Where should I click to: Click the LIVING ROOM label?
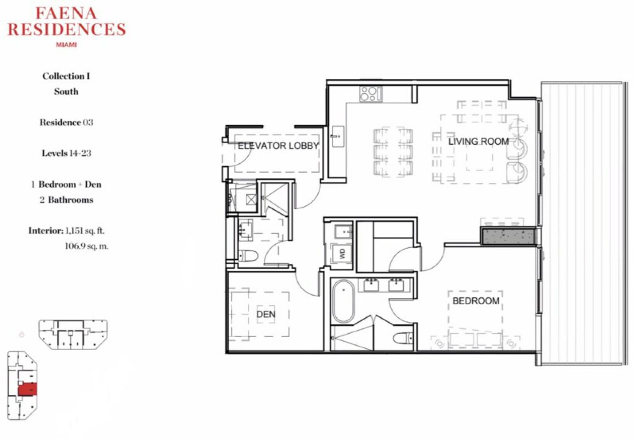pos(479,142)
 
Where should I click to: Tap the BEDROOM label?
pos(476,301)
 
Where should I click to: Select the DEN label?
pos(266,314)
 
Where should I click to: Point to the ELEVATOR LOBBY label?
pos(278,146)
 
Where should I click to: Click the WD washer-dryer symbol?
pos(342,254)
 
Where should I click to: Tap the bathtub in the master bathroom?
pos(344,301)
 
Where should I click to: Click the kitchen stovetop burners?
pos(371,94)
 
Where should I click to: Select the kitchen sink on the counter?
pos(337,137)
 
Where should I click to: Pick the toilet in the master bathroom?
pos(404,338)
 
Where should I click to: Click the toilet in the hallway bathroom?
pos(248,256)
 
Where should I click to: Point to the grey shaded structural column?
pos(508,237)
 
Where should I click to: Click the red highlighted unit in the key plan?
pos(27,390)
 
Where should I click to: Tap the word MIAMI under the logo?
pos(66,45)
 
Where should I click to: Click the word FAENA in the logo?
pos(66,14)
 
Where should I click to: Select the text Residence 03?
pos(66,122)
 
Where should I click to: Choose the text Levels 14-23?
pos(66,153)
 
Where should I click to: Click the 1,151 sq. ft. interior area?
pos(85,231)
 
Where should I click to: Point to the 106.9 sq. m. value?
pos(87,246)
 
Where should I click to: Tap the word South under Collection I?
pos(66,92)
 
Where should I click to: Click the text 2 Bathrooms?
pos(66,200)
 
